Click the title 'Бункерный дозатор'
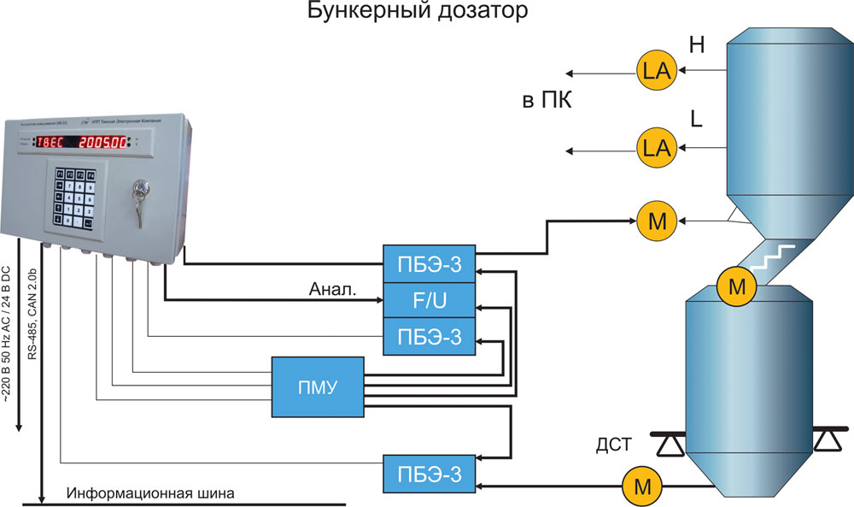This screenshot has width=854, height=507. tap(418, 12)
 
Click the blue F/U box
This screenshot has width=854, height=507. tap(427, 301)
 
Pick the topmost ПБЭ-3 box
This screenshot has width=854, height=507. tap(427, 264)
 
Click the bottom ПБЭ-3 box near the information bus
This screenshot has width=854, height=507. tap(427, 474)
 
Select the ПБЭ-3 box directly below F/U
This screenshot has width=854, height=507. tap(427, 338)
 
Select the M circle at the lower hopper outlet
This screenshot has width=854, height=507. tap(640, 487)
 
